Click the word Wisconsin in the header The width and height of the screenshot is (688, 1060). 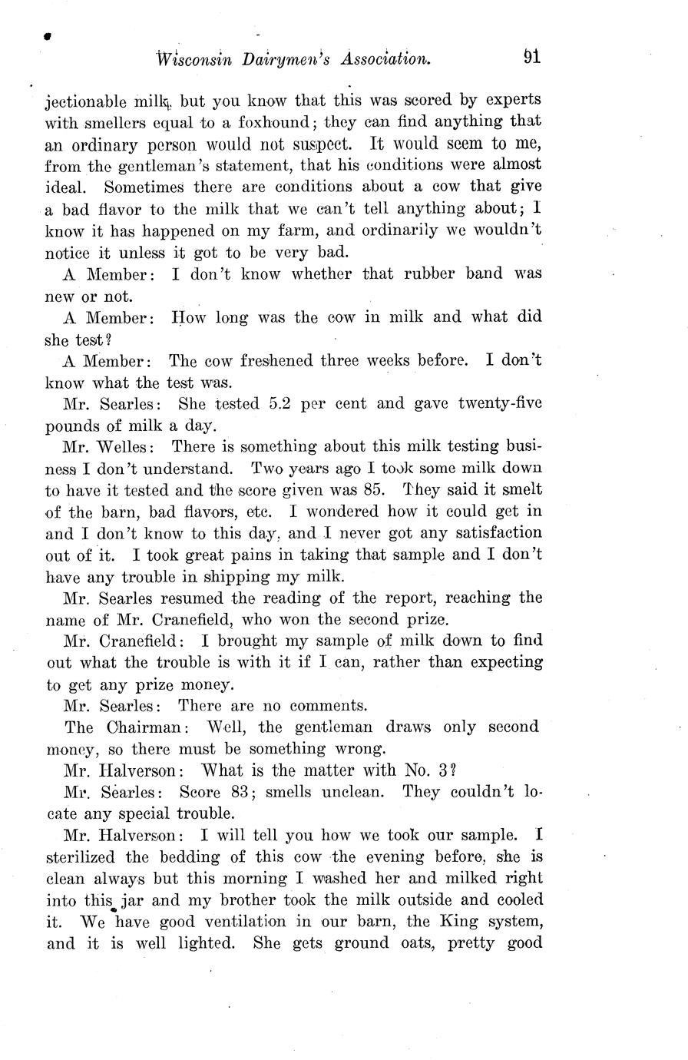(x=193, y=59)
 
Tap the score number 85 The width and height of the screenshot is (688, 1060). (x=365, y=489)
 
